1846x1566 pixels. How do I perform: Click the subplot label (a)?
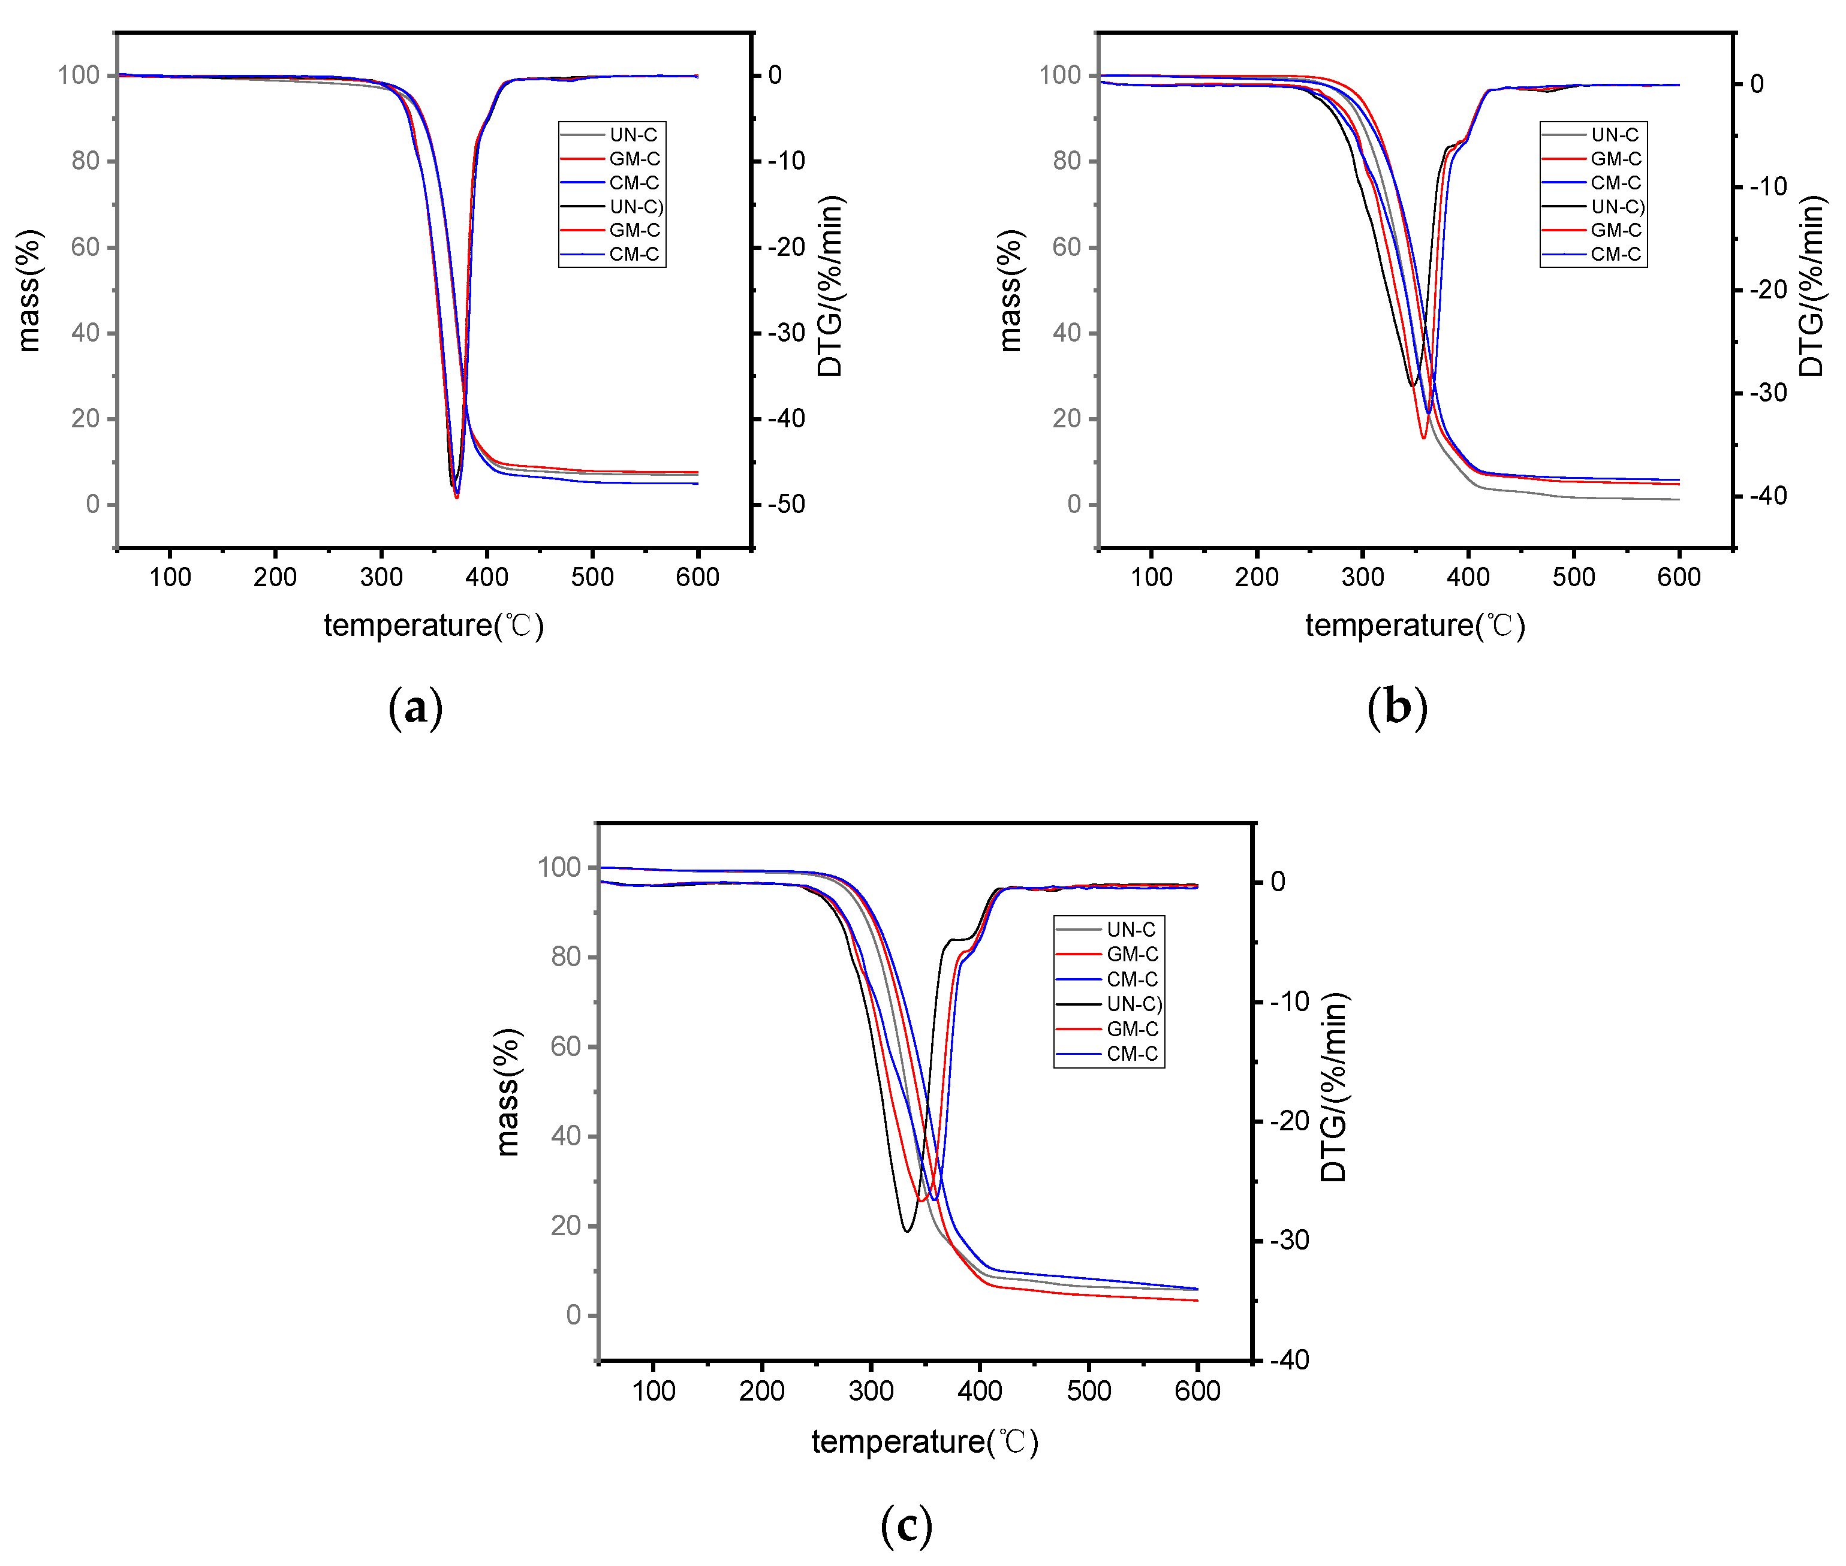point(415,708)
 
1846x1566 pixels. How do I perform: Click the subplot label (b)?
point(1397,708)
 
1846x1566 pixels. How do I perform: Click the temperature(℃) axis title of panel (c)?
point(924,1441)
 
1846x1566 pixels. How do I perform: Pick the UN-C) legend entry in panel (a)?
point(635,207)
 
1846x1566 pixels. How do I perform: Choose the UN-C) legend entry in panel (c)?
point(1133,1004)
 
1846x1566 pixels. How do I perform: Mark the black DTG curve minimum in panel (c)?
point(907,1230)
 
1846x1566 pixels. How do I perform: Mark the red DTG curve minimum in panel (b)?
point(1423,437)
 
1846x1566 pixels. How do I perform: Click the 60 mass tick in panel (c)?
point(565,1046)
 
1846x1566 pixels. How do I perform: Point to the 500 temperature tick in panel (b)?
point(1573,577)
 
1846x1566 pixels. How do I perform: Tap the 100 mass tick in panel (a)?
point(79,76)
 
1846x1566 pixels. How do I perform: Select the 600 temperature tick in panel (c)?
point(1197,1391)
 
